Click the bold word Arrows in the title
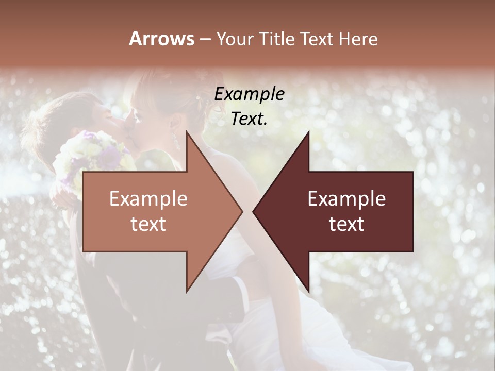click(x=161, y=39)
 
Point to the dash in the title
click(x=205, y=40)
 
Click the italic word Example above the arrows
click(x=250, y=94)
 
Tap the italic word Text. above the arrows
click(x=250, y=119)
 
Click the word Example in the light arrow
click(x=148, y=199)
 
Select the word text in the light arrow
click(x=148, y=224)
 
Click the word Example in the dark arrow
click(x=346, y=199)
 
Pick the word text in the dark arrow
click(x=346, y=224)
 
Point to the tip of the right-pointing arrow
click(x=242, y=211)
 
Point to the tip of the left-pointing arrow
click(x=253, y=211)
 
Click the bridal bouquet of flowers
click(x=93, y=155)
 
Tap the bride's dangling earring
click(x=175, y=139)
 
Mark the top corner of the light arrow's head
click(x=187, y=131)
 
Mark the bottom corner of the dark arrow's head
click(x=309, y=292)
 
